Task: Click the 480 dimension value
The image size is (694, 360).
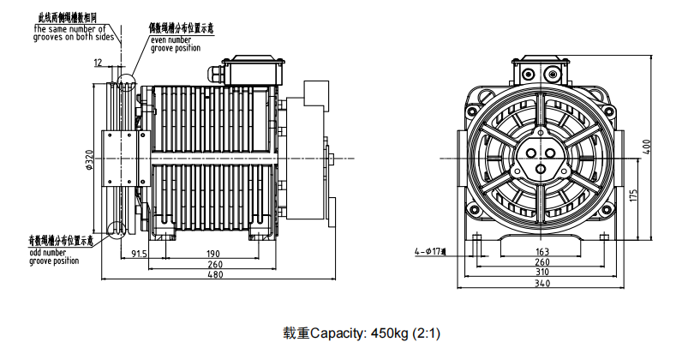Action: tap(215, 275)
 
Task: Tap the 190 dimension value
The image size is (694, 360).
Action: tap(213, 253)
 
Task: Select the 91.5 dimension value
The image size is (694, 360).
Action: tap(140, 253)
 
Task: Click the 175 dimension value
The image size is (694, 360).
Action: tap(631, 195)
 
